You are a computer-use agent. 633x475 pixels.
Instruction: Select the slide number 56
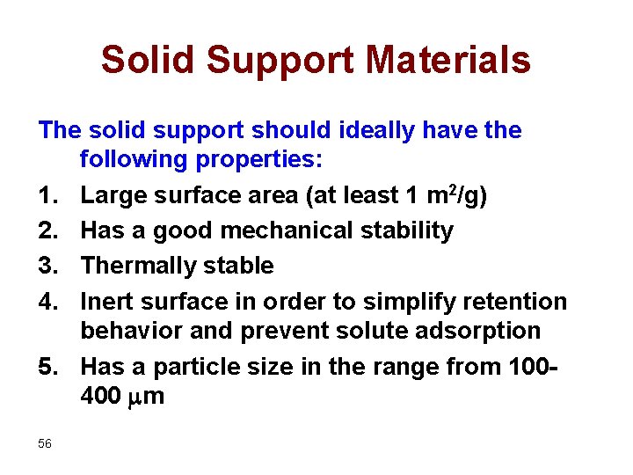(x=45, y=443)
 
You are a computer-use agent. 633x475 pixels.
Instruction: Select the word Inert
(x=106, y=302)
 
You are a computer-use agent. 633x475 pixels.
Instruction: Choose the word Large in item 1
(x=113, y=195)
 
